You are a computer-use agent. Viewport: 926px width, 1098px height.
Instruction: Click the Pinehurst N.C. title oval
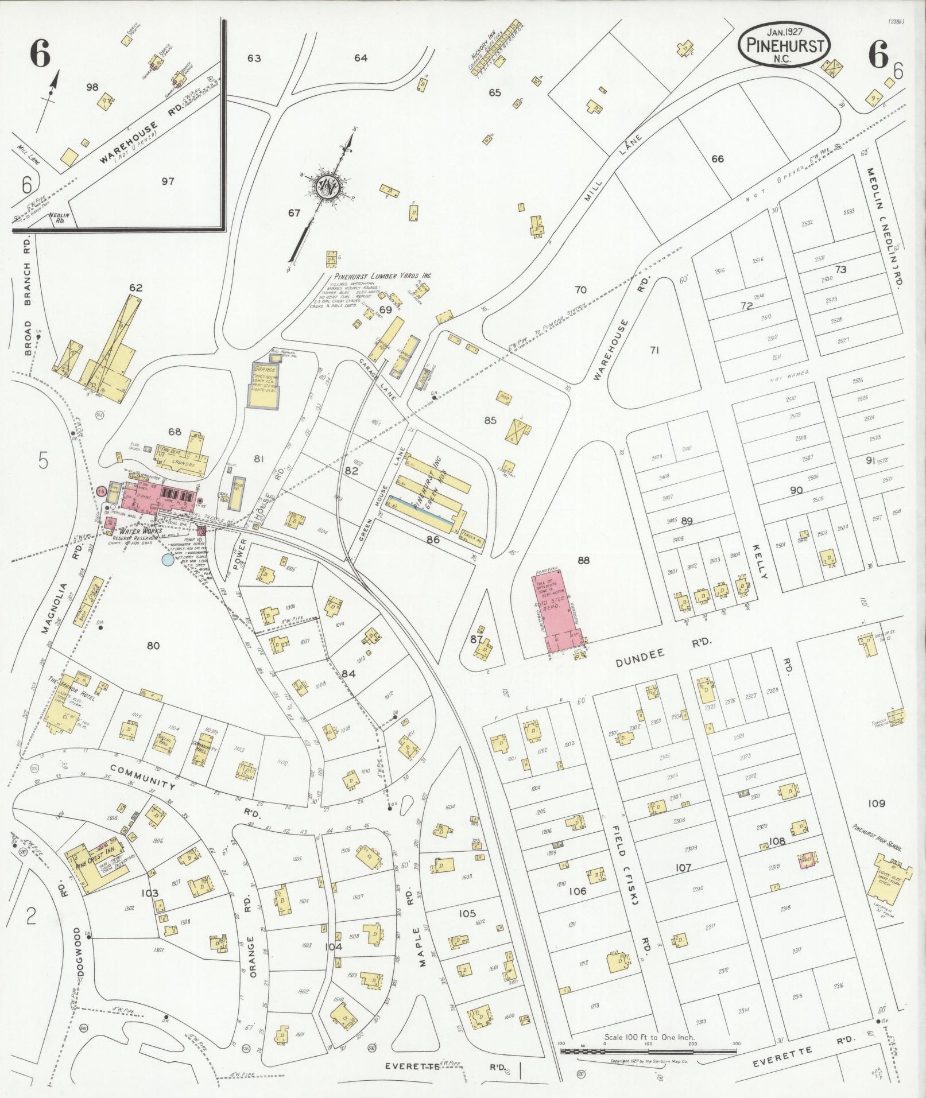[x=784, y=46]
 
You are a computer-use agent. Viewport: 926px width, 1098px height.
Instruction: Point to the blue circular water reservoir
[x=168, y=560]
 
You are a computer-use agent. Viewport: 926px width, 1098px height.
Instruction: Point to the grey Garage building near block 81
[x=262, y=385]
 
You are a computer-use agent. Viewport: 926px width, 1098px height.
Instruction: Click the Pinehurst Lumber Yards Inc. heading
[x=383, y=276]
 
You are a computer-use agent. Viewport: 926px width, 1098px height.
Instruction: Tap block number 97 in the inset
[x=168, y=181]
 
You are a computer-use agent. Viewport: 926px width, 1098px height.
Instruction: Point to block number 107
[x=683, y=868]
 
